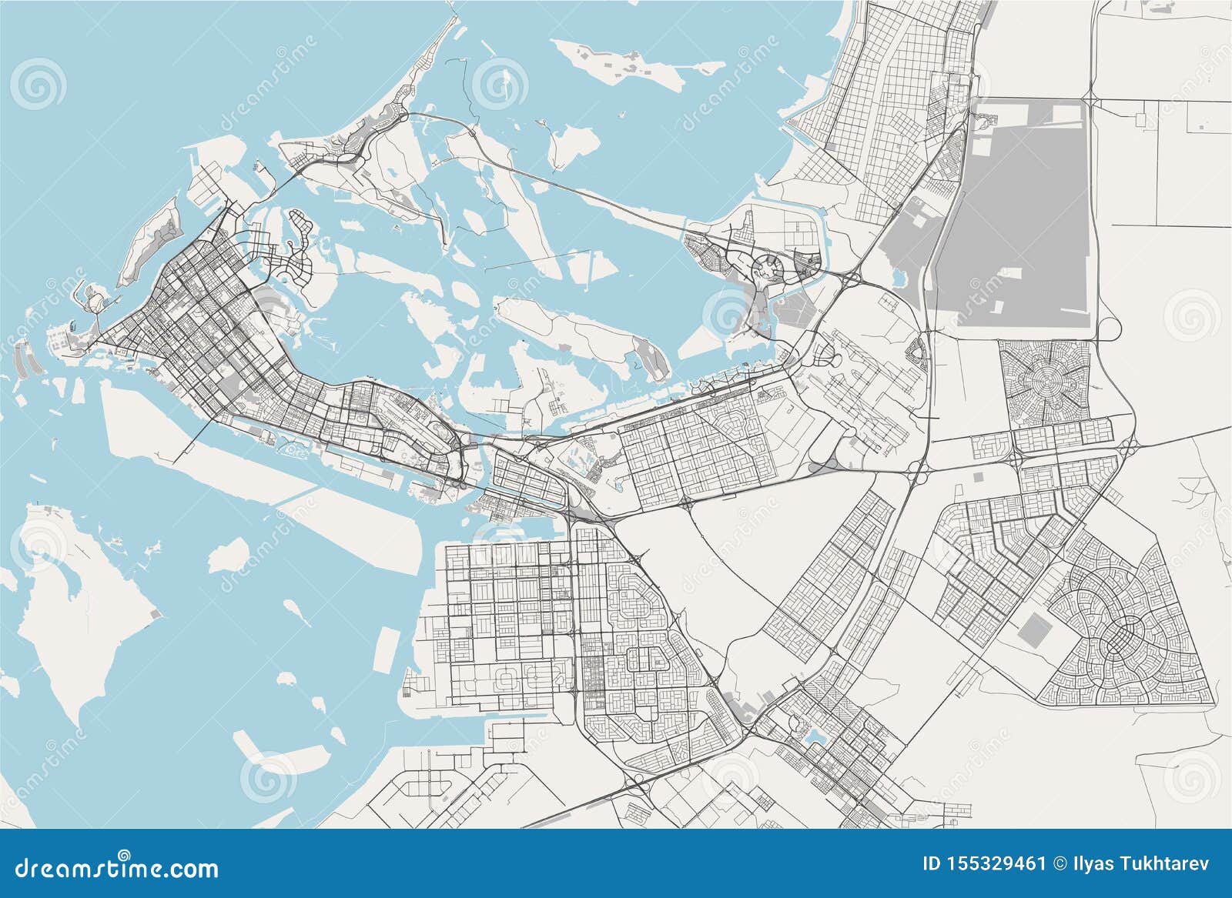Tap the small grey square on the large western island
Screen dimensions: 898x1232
point(157,613)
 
